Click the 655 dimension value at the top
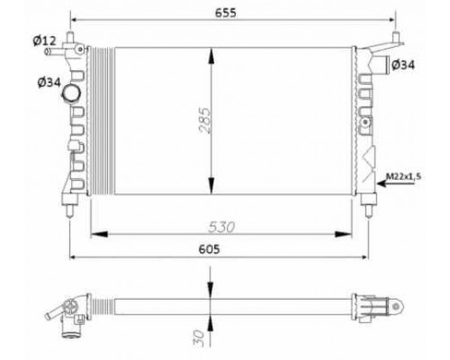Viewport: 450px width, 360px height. (226, 13)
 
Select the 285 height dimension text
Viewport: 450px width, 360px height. (205, 121)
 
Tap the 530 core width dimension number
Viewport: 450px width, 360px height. (221, 227)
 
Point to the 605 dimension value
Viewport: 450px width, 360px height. (209, 249)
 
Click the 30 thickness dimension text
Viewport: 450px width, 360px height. (198, 338)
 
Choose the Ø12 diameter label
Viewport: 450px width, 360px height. (44, 40)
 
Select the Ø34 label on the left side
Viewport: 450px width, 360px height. (49, 82)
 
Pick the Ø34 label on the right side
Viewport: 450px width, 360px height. (403, 65)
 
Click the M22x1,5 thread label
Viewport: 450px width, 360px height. (403, 176)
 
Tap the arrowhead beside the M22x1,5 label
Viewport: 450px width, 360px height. (382, 183)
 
